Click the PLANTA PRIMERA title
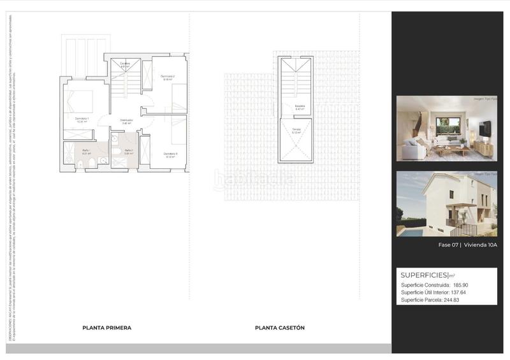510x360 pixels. click(x=106, y=328)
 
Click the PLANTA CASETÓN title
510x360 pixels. click(x=280, y=328)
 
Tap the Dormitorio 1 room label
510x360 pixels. click(x=82, y=119)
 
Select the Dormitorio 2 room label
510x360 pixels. click(x=167, y=77)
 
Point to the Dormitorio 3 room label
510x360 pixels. click(x=169, y=154)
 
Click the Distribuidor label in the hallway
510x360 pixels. click(x=126, y=120)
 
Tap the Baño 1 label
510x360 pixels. click(x=85, y=151)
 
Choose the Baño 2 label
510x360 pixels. click(x=127, y=152)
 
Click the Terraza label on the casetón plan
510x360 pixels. click(x=297, y=131)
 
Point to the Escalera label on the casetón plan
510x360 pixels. click(x=299, y=107)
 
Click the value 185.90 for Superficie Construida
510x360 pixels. click(x=463, y=285)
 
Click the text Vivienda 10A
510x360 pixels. click(x=481, y=245)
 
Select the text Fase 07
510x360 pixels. click(x=448, y=245)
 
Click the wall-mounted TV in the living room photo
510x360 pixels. click(x=485, y=128)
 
